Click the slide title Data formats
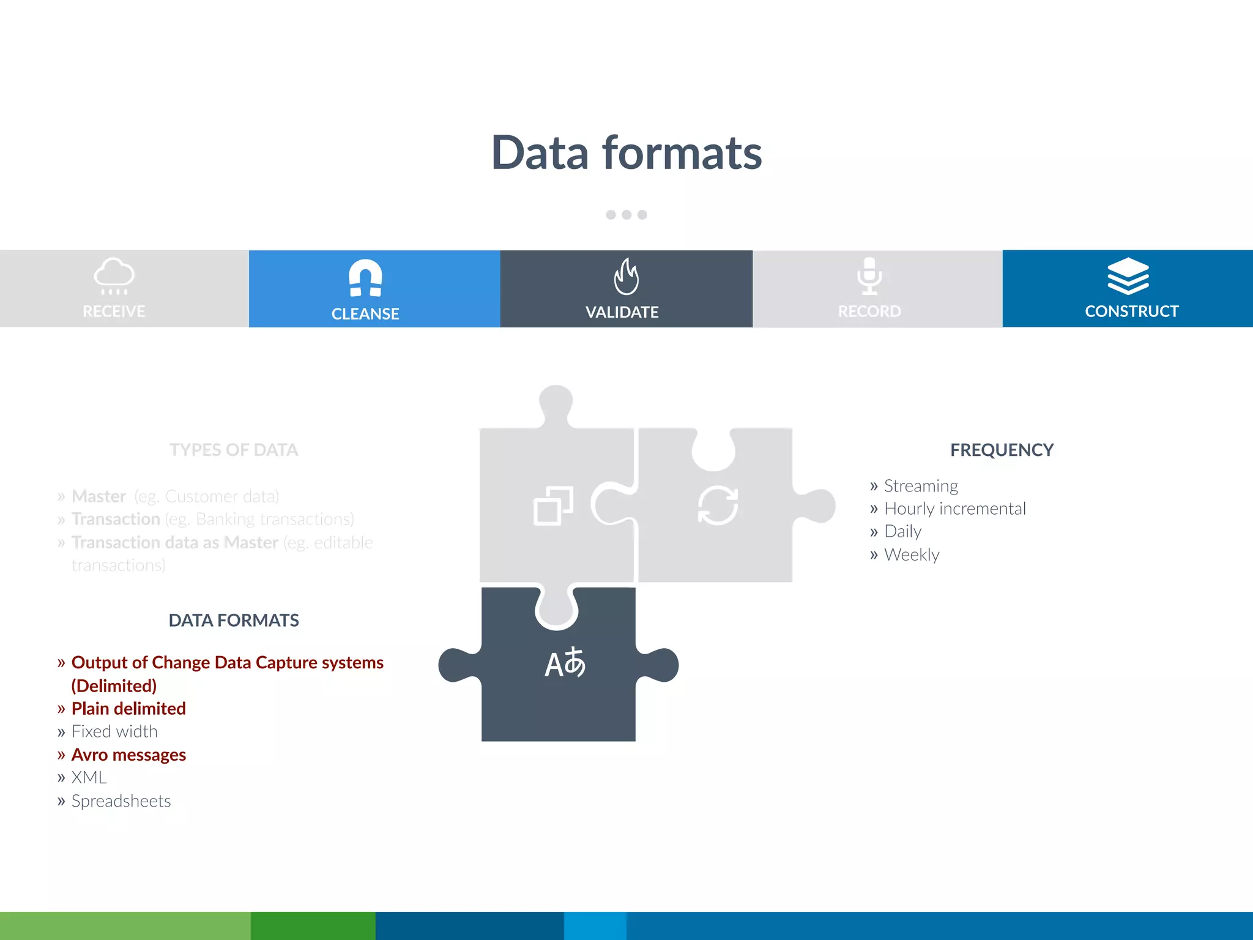[626, 153]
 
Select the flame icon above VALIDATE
[626, 277]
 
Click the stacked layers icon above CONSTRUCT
[1128, 276]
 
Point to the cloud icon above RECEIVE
[114, 275]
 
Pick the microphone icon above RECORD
[869, 276]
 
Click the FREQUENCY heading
[1002, 450]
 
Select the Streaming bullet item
[920, 486]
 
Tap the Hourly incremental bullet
[954, 509]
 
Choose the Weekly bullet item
[911, 554]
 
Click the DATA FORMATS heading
[234, 621]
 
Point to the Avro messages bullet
[128, 755]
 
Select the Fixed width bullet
[114, 731]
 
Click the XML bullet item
[89, 777]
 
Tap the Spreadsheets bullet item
[121, 800]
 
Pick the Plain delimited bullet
[128, 709]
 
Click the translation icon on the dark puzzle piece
[565, 663]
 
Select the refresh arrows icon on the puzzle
[718, 505]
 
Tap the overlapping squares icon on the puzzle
[553, 506]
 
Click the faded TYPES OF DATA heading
[234, 450]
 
